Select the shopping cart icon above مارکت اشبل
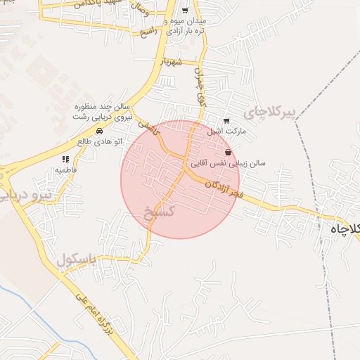[x=226, y=121]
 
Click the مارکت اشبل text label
[x=224, y=131]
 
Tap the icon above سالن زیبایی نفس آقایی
[x=227, y=153]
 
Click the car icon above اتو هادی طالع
[x=99, y=131]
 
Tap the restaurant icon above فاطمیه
[x=65, y=160]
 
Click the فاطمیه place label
[x=66, y=170]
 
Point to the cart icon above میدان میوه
[x=185, y=11]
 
